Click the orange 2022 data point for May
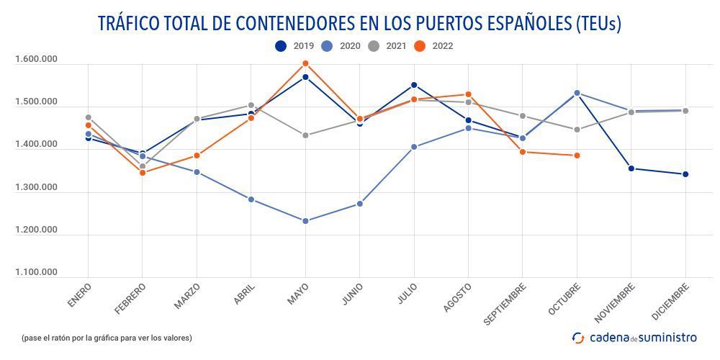(305, 63)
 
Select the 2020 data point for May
(305, 221)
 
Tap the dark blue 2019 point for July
(414, 85)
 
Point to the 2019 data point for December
(685, 174)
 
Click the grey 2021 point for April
(251, 105)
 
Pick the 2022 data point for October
(577, 156)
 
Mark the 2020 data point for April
(251, 199)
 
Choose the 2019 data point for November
(631, 168)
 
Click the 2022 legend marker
(420, 46)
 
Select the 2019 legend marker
(281, 46)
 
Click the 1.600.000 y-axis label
(36, 60)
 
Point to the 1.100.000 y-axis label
(36, 272)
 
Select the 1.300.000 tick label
(36, 187)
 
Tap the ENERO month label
(79, 296)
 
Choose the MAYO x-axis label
(297, 294)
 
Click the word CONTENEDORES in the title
(293, 23)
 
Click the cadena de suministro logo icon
(578, 337)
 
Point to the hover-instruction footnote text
(107, 338)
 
